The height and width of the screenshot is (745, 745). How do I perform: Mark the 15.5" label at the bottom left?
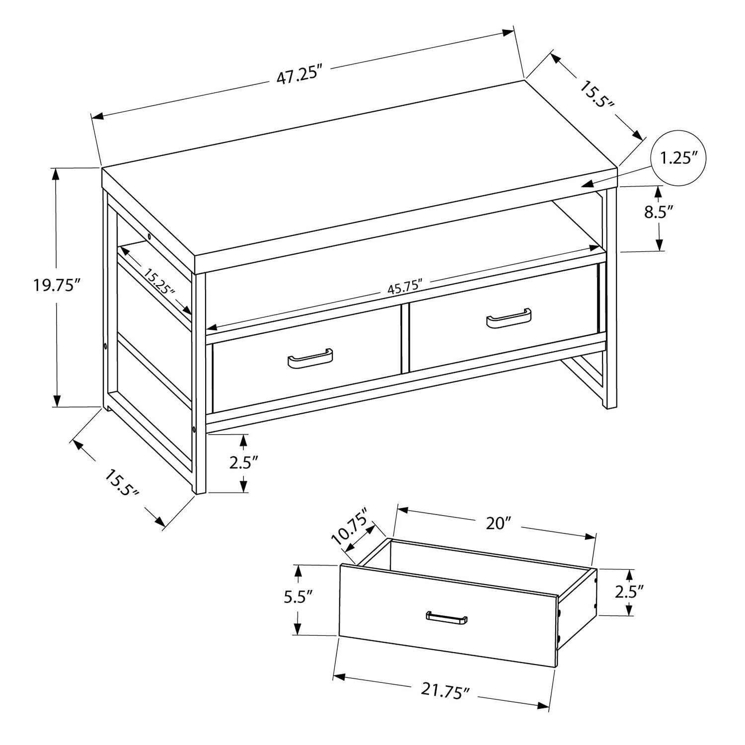[121, 484]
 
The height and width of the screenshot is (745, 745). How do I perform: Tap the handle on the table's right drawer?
[509, 318]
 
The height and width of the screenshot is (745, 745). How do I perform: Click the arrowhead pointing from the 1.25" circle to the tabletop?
[590, 184]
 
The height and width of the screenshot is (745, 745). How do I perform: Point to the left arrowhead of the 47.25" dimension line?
[97, 116]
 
